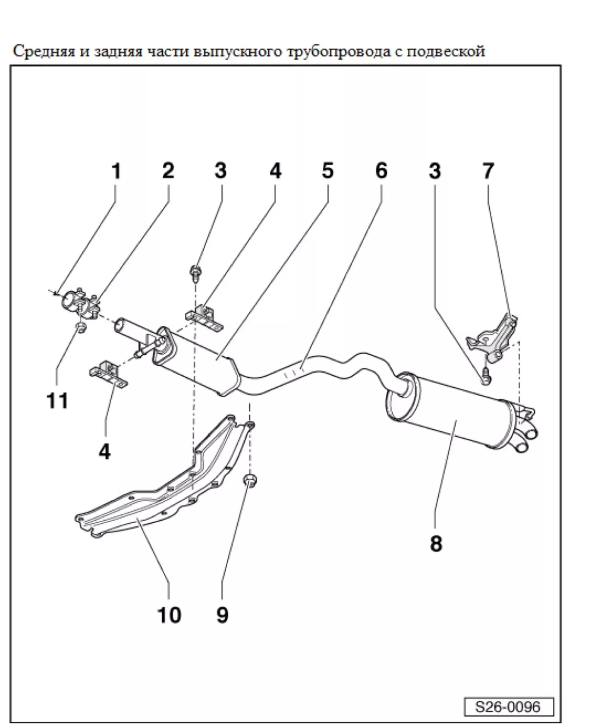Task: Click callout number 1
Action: click(x=116, y=171)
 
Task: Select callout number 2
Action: click(x=168, y=171)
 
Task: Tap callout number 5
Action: click(x=327, y=171)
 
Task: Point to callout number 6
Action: click(x=381, y=171)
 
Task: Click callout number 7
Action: click(x=488, y=171)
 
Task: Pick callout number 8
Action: click(x=436, y=543)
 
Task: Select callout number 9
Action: click(x=222, y=614)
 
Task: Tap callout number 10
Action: click(x=169, y=615)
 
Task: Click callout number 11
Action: click(x=57, y=401)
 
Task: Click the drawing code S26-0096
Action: click(x=508, y=706)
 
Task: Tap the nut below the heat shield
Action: click(x=249, y=481)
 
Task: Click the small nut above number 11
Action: click(x=80, y=328)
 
